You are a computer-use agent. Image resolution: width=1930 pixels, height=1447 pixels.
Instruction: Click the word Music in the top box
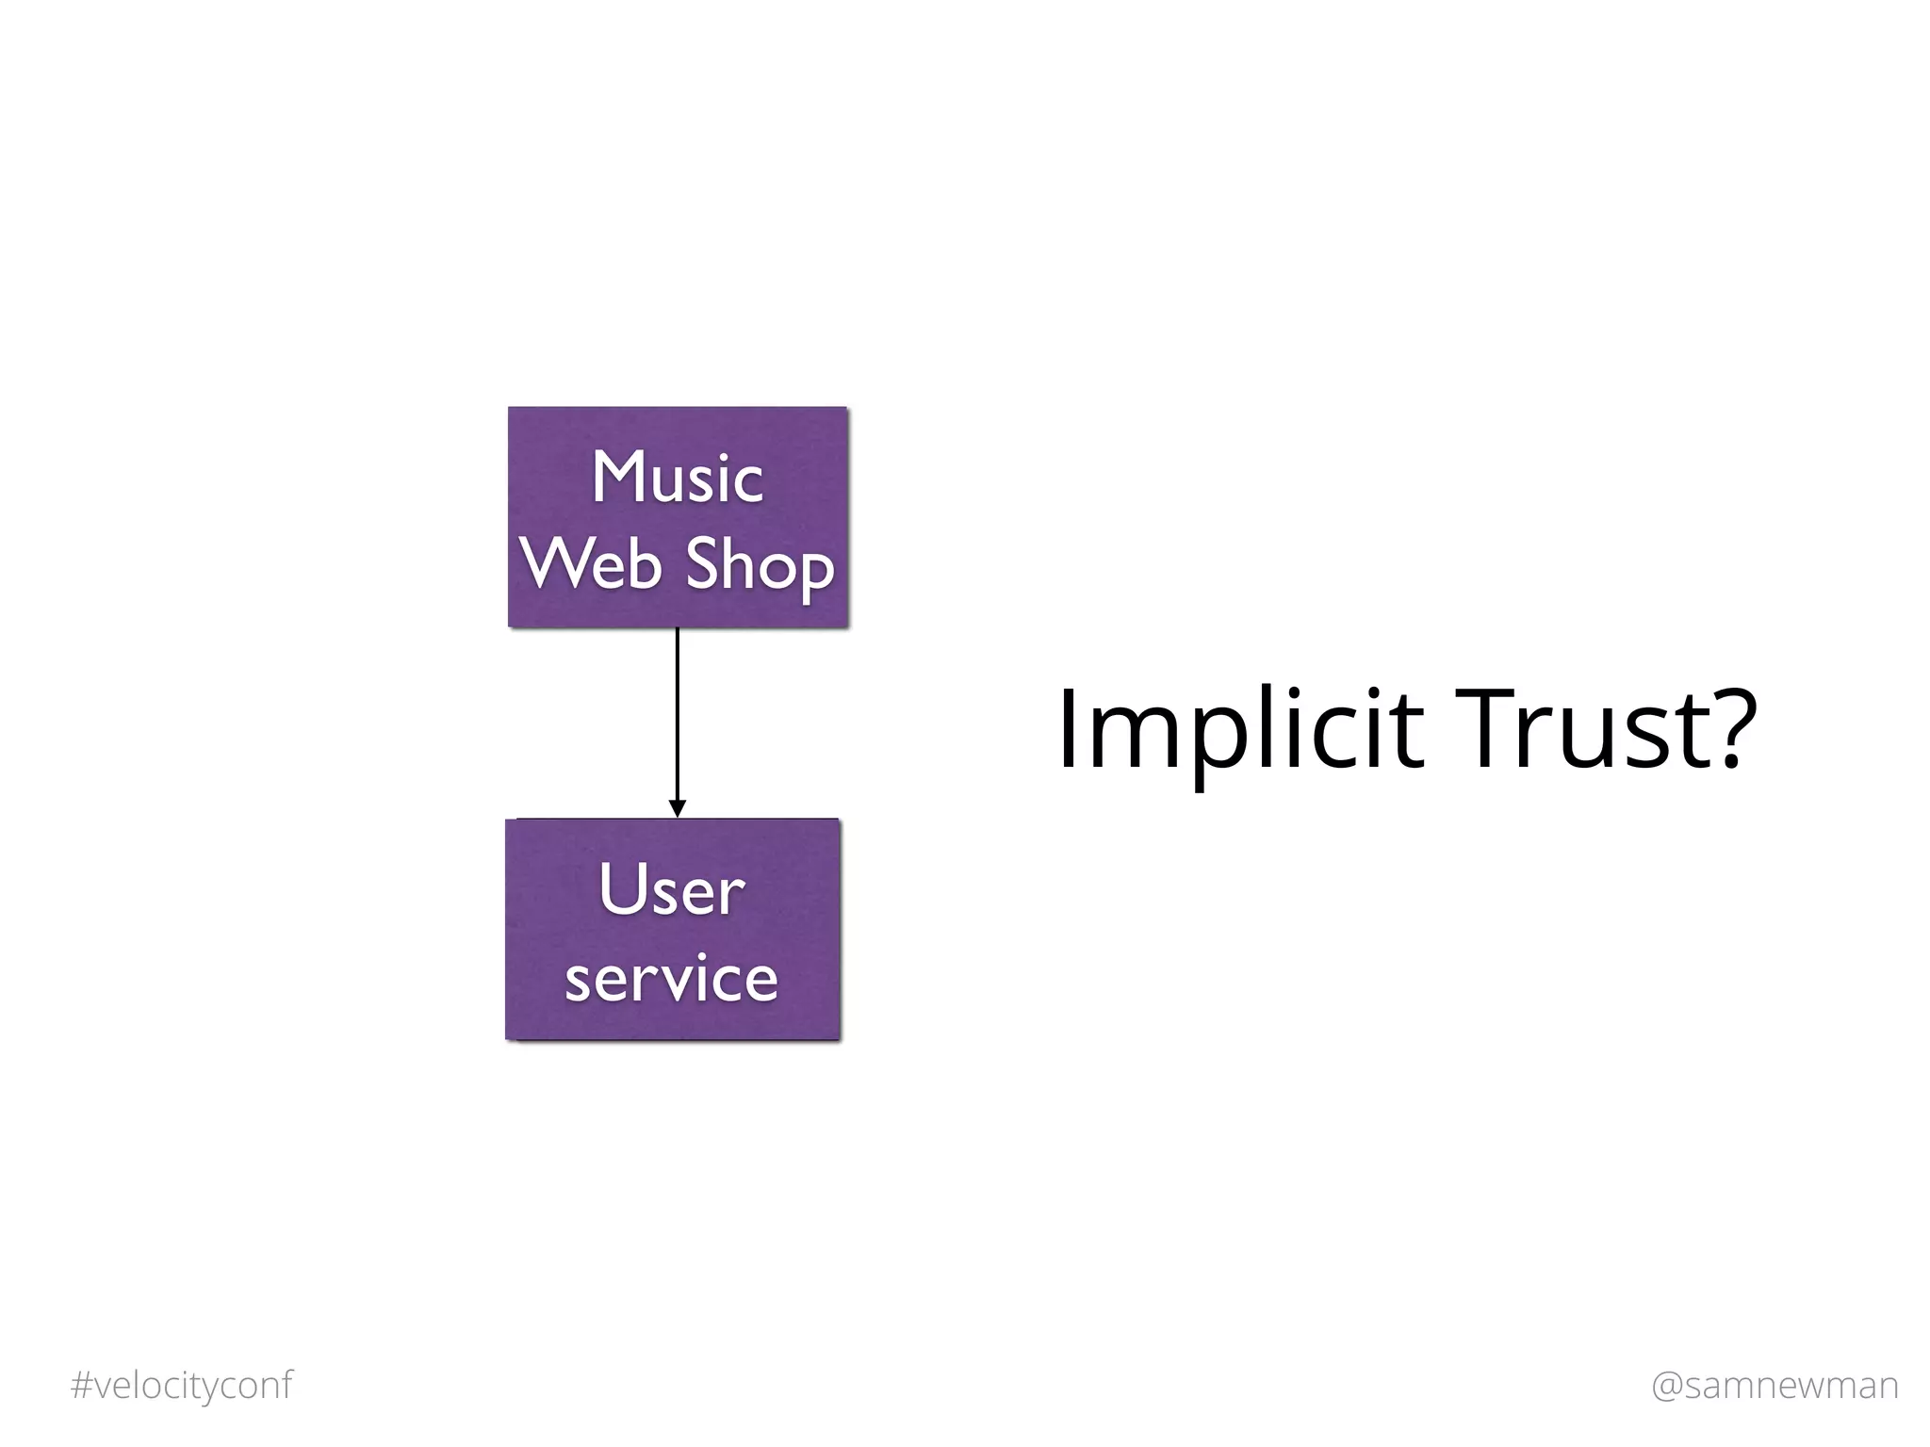pos(677,477)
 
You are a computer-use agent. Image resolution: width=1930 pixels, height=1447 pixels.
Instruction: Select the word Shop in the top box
pos(760,565)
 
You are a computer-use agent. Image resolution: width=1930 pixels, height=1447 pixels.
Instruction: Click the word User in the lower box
pos(672,889)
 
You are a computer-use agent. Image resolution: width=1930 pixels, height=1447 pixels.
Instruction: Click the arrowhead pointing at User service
pos(677,808)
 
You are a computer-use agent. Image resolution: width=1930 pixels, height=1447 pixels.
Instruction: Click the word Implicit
pos(1238,731)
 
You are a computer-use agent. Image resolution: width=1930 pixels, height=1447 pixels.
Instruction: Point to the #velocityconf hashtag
pos(182,1385)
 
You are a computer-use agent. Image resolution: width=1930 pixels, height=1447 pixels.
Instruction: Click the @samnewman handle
pos(1775,1385)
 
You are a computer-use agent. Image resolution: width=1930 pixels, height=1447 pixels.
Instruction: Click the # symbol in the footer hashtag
pos(81,1385)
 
